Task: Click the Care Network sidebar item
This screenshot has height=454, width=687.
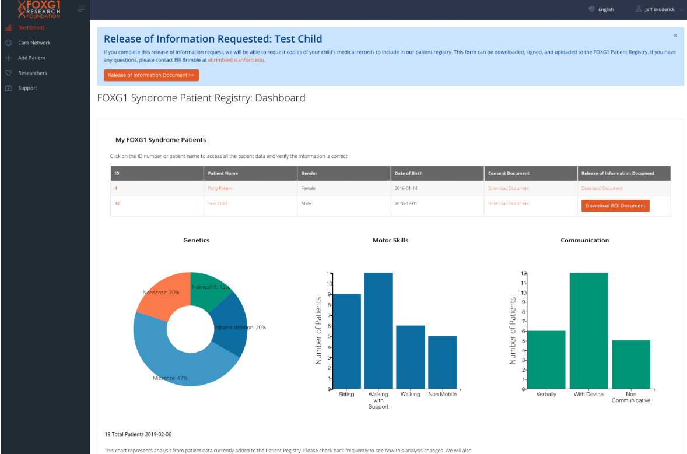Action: pos(34,43)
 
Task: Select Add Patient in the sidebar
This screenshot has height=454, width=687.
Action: pos(31,58)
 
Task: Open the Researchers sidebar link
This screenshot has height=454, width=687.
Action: pos(33,73)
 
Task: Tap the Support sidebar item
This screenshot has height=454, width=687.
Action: pos(27,88)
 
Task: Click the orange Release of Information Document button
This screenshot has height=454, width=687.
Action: pos(151,75)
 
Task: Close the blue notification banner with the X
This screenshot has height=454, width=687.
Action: pos(675,36)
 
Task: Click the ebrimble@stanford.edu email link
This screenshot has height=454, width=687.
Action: pos(236,60)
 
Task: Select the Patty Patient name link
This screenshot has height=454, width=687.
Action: pos(220,188)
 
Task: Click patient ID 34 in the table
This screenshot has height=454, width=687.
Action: pos(117,203)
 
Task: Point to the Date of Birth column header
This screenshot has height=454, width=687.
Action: pos(408,173)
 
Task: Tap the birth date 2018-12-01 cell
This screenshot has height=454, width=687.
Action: pos(406,203)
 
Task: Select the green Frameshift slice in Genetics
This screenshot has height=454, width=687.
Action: pos(209,289)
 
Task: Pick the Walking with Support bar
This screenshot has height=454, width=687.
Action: pos(378,331)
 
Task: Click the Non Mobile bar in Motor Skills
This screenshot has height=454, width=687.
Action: pos(443,363)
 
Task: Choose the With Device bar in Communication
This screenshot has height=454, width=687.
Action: pos(588,331)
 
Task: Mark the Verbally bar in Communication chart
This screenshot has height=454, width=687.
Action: pos(546,360)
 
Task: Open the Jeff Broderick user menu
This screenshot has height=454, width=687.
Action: pos(660,9)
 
